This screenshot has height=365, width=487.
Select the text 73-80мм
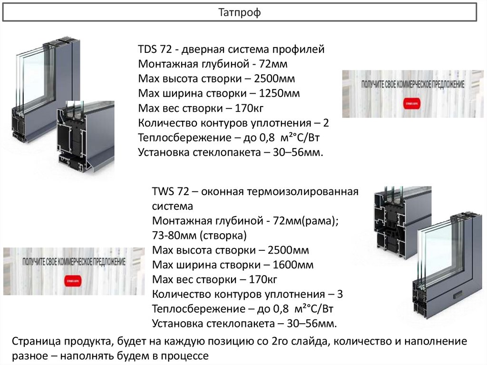tap(174, 236)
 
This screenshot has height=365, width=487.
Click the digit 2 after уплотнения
tap(326, 123)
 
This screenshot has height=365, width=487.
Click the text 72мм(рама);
tap(312, 221)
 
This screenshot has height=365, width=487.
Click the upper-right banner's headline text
tap(413, 84)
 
